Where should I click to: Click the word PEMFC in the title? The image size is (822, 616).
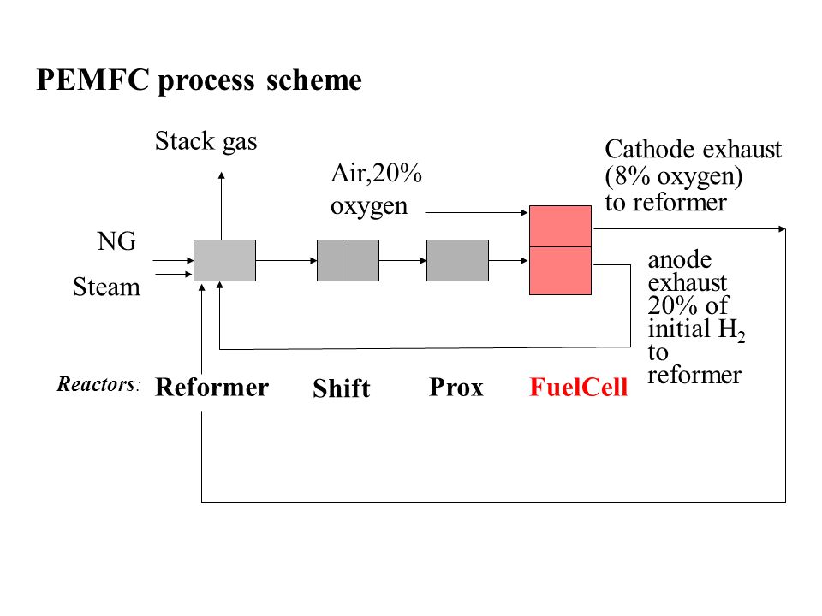[x=92, y=80]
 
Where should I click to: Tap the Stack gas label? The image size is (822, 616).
[x=206, y=141]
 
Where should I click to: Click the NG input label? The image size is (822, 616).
[x=117, y=241]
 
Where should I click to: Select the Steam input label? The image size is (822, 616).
[x=106, y=287]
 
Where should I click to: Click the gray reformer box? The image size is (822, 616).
[x=225, y=260]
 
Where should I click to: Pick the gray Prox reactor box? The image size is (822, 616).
[x=457, y=260]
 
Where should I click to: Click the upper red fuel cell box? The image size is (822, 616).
[x=560, y=226]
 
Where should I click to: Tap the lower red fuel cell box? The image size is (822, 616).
[x=560, y=271]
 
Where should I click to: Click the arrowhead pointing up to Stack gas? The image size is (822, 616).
[x=221, y=175]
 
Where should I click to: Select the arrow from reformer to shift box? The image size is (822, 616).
[x=287, y=260]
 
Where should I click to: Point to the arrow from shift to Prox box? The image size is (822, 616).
[x=402, y=260]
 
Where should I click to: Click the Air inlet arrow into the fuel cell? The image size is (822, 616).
[x=477, y=212]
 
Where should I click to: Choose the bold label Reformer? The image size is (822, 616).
[x=211, y=388]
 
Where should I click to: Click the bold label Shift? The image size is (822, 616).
[x=342, y=388]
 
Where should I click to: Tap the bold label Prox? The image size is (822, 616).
[x=456, y=388]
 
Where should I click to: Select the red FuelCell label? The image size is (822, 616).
[x=579, y=388]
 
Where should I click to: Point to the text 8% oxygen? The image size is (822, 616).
[x=673, y=176]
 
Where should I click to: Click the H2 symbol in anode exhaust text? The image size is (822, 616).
[x=732, y=330]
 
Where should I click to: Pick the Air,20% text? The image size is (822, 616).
[x=377, y=173]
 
